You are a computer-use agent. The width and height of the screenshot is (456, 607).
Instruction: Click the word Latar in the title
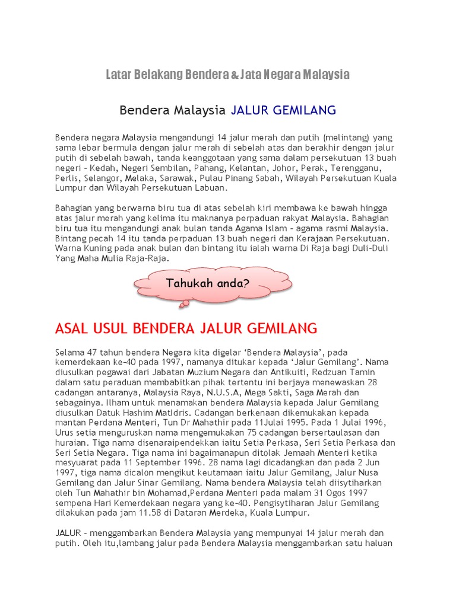118,75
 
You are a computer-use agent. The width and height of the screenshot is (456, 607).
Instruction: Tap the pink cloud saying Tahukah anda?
208,283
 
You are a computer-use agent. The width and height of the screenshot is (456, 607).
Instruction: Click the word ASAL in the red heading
71,328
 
